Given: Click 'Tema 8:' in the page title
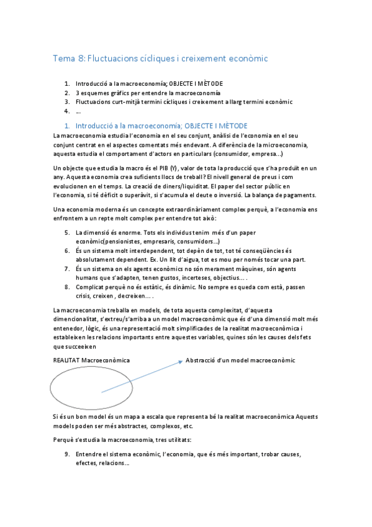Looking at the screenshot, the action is [70, 59].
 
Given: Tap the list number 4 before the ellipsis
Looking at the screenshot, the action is [66, 111].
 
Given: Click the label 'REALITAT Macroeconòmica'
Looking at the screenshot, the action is [92, 360].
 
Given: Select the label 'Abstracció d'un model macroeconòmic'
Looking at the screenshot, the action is [240, 360].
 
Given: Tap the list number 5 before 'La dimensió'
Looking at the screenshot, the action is [67, 232].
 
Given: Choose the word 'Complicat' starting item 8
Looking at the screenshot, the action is [91, 287].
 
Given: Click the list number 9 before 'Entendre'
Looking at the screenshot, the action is [67, 454].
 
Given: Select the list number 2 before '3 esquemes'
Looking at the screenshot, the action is [66, 93].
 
